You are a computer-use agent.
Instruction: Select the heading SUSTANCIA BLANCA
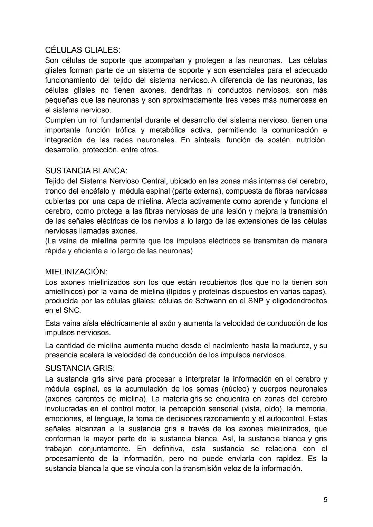click(86, 171)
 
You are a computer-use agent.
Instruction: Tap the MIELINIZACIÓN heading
click(76, 271)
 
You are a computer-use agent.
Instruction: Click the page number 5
click(325, 500)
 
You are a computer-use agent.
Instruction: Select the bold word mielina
click(104, 241)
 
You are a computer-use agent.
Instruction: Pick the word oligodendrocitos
click(299, 301)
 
